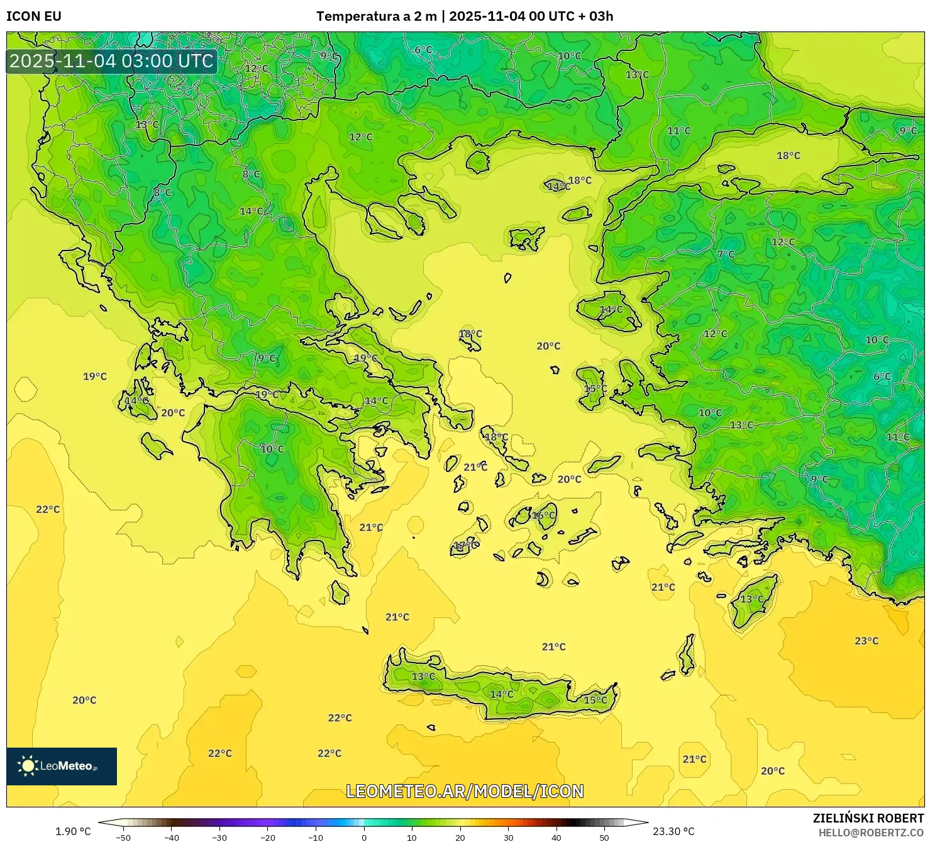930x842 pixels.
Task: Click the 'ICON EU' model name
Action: point(34,16)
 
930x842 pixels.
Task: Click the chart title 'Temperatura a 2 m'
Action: point(376,16)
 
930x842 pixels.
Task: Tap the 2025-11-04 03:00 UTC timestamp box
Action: point(111,61)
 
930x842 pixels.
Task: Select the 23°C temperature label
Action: point(866,641)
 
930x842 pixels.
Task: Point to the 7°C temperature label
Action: point(726,254)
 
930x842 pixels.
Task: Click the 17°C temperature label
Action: point(465,546)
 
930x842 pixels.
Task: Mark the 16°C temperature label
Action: point(544,515)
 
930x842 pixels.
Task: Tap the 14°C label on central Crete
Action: point(501,694)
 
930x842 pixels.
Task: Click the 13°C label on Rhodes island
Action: point(751,599)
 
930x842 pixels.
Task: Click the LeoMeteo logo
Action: point(62,766)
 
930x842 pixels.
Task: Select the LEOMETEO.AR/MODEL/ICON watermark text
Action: point(465,791)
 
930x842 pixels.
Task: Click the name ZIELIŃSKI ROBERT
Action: point(868,818)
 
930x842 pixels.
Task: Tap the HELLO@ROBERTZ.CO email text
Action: point(871,832)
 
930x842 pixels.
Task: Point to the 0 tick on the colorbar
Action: point(364,837)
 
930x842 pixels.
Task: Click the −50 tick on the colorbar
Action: point(123,837)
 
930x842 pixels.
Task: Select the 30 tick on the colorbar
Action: point(508,837)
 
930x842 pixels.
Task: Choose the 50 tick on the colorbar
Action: point(604,837)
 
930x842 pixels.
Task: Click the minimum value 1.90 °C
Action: point(73,831)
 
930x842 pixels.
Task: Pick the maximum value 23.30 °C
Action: point(673,831)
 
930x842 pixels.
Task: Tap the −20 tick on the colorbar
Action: point(268,837)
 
